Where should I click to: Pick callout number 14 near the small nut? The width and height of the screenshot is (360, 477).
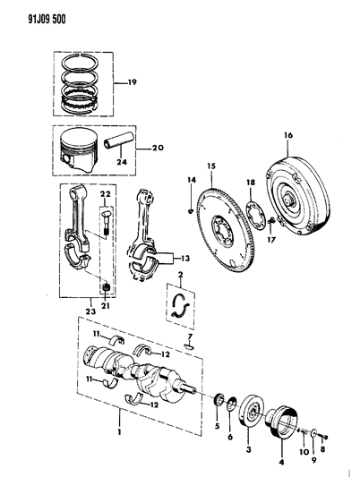[191, 182]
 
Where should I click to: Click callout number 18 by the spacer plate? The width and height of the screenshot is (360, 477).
[251, 183]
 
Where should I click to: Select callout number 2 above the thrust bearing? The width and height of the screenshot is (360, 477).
[180, 275]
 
